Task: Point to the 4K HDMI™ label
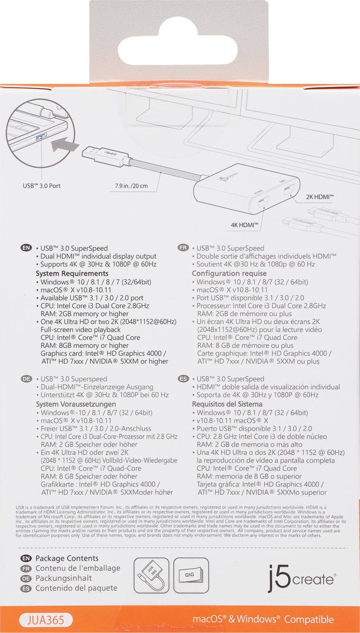(x=243, y=225)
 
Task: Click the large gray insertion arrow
(x=65, y=143)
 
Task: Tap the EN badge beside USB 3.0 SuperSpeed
(x=25, y=247)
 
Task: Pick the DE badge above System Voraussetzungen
(x=25, y=379)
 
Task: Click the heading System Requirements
(x=72, y=273)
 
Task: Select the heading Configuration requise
(x=229, y=273)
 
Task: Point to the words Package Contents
(x=67, y=558)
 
